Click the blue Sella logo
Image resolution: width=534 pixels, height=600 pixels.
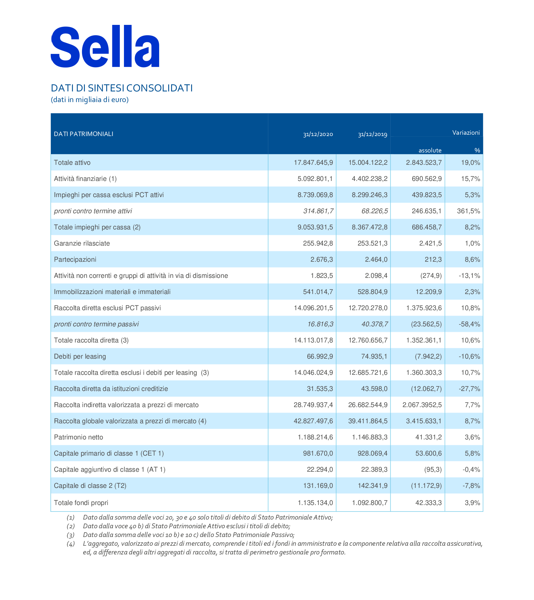[x=105, y=46]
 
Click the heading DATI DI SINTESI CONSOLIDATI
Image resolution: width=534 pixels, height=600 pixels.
[x=122, y=88]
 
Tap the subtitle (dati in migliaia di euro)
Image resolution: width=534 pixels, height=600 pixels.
[x=90, y=100]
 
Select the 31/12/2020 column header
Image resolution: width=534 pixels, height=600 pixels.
[x=318, y=134]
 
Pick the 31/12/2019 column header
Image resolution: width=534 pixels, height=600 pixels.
[x=373, y=134]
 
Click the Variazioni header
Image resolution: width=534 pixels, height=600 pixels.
[x=466, y=132]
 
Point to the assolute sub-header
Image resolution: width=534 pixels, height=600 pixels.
[x=430, y=150]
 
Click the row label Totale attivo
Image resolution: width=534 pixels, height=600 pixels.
[x=72, y=163]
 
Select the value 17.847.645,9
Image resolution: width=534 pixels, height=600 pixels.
[x=313, y=163]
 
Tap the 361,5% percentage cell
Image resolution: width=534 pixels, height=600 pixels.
[x=469, y=211]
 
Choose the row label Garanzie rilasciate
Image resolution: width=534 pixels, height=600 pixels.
[x=82, y=243]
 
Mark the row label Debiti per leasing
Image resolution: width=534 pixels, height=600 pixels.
[x=80, y=356]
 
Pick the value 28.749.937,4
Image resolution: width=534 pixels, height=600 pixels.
[x=313, y=405]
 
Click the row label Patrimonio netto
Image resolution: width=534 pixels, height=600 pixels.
[x=79, y=437]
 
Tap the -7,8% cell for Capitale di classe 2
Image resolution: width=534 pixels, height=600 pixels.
[x=469, y=486]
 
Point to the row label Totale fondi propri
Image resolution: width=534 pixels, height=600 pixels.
[x=81, y=503]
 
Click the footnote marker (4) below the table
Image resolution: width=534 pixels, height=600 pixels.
[x=71, y=544]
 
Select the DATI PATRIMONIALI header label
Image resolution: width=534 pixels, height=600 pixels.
[x=84, y=134]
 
